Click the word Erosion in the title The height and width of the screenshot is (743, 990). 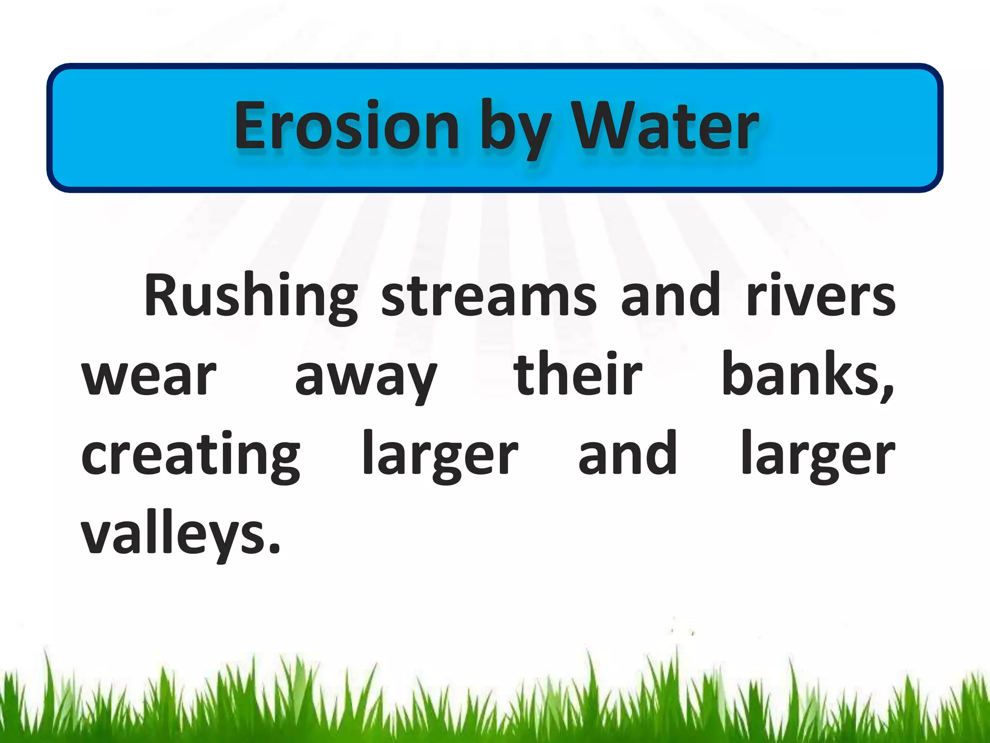coord(346,126)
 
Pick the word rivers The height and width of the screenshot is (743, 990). coord(821,296)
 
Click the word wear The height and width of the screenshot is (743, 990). coord(149,376)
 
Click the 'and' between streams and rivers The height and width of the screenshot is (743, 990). coord(670,295)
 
